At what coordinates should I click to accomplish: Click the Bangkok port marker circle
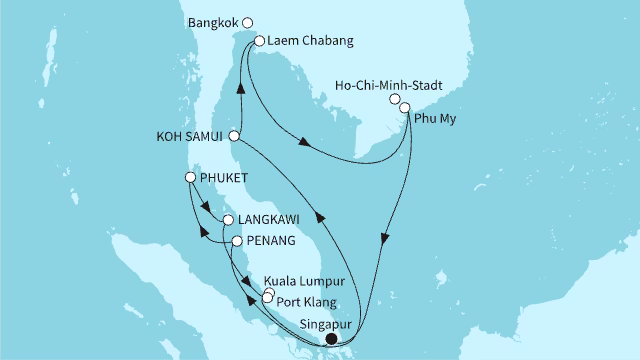(249, 21)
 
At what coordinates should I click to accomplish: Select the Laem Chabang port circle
(259, 42)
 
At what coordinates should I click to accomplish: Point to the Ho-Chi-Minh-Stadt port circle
(396, 99)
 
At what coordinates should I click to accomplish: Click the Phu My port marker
(405, 108)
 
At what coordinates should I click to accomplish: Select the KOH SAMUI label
(190, 136)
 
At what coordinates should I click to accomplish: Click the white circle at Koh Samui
(234, 136)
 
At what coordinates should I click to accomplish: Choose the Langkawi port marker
(229, 220)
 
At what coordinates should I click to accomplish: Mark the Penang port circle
(237, 241)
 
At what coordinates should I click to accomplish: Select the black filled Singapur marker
(331, 338)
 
